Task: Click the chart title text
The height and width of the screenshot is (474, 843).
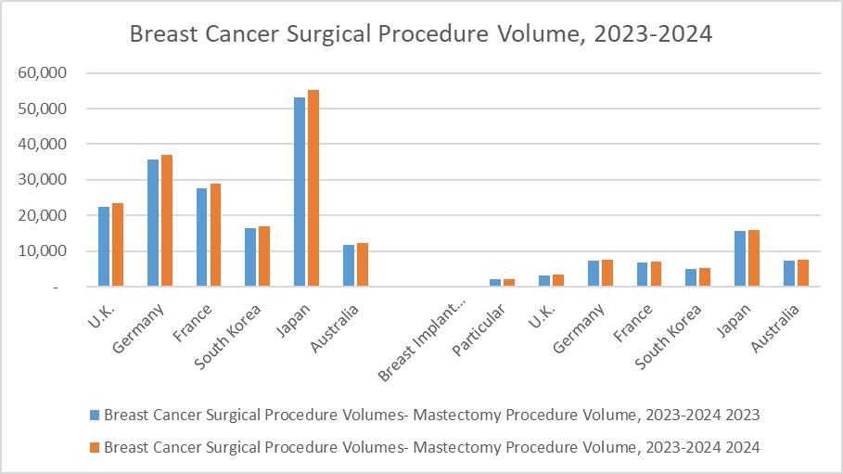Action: click(421, 34)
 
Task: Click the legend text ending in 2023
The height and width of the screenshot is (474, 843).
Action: click(432, 414)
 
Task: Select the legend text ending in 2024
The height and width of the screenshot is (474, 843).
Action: click(432, 447)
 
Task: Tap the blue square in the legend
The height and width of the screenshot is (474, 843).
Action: click(95, 414)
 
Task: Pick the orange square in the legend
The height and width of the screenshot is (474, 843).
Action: click(95, 447)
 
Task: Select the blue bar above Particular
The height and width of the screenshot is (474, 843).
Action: click(495, 283)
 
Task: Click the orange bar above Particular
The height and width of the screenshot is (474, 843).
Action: click(508, 283)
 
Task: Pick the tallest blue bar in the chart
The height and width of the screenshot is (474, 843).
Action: click(300, 192)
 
